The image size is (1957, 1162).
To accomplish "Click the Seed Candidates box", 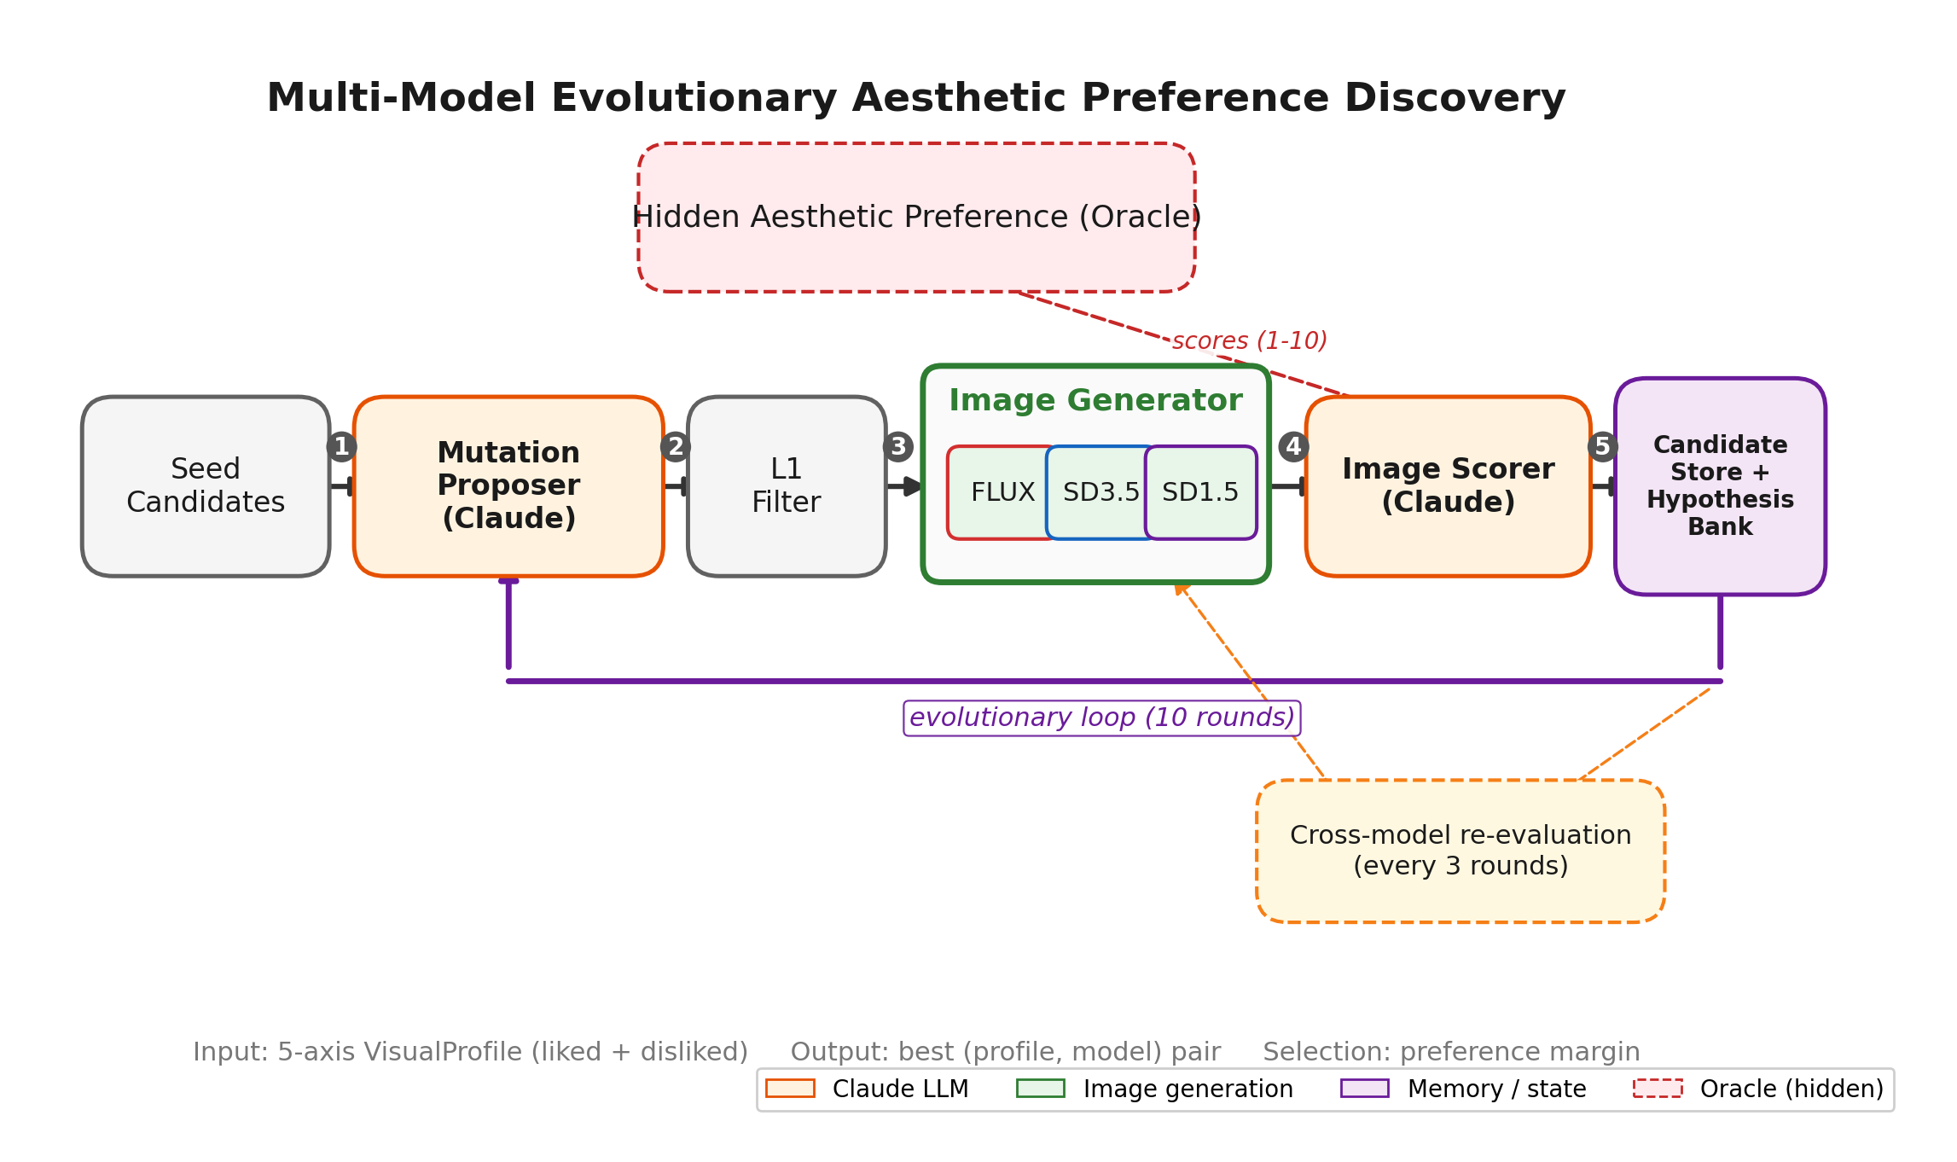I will [206, 485].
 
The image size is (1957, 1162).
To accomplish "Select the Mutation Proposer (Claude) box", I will [508, 485].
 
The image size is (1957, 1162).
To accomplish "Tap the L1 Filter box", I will [786, 485].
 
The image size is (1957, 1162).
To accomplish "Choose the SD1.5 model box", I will [1200, 492].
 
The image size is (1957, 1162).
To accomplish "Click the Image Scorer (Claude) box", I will [1448, 485].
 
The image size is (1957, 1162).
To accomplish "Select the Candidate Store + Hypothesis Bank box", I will [1720, 485].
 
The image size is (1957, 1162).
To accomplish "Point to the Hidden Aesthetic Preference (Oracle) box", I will [916, 218].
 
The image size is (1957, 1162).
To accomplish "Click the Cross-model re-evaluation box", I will [1460, 851].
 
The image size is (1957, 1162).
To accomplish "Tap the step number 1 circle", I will [341, 447].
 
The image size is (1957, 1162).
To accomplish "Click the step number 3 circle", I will [898, 447].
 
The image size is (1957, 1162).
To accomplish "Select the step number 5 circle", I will [1602, 447].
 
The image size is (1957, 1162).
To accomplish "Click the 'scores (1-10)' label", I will [1249, 341].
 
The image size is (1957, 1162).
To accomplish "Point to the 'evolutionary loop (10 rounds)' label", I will [1101, 718].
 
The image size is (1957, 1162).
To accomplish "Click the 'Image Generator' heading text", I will [1095, 400].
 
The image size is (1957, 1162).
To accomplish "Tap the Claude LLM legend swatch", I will [790, 1089].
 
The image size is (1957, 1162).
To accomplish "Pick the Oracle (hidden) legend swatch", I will [1658, 1089].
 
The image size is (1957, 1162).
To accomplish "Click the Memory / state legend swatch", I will [1364, 1089].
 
